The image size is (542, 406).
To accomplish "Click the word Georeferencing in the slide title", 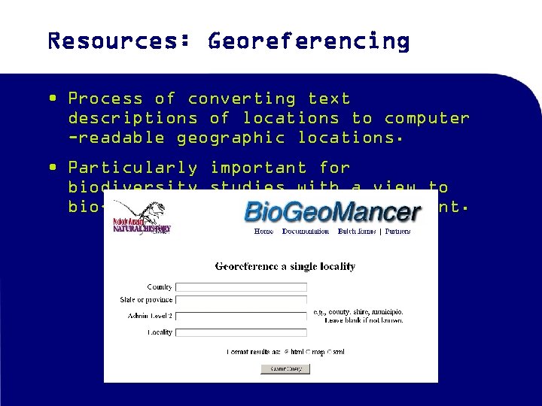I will pyautogui.click(x=309, y=41).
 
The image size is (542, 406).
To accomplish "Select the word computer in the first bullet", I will pyautogui.click(x=427, y=118).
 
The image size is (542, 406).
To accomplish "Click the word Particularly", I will pyautogui.click(x=133, y=167).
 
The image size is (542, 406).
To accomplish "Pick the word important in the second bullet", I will pyautogui.click(x=252, y=167).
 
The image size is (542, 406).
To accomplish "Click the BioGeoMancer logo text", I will pyautogui.click(x=332, y=211).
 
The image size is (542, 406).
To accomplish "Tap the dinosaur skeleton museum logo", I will pyautogui.click(x=146, y=219).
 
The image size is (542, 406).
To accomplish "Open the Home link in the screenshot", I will pyautogui.click(x=263, y=232).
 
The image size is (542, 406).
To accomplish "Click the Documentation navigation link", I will pyautogui.click(x=305, y=232).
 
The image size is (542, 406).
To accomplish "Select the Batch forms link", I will pyautogui.click(x=358, y=232).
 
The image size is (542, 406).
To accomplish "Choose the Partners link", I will pyautogui.click(x=398, y=232).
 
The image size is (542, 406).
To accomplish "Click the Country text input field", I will pyautogui.click(x=241, y=287).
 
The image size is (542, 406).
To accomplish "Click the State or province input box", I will pyautogui.click(x=241, y=300).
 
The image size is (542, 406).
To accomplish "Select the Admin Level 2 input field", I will pyautogui.click(x=241, y=316).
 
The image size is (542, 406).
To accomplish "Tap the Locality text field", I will pyautogui.click(x=241, y=332).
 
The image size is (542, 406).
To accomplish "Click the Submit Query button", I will pyautogui.click(x=285, y=368).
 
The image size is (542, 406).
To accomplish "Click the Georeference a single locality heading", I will pyautogui.click(x=285, y=266).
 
